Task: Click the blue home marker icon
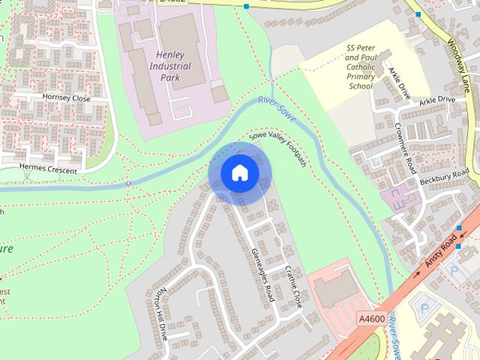[239, 173]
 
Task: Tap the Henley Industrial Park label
[170, 66]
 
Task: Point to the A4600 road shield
[371, 319]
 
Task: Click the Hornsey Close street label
[67, 98]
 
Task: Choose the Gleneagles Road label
[263, 274]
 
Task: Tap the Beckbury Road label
[445, 179]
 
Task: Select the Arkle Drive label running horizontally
[437, 100]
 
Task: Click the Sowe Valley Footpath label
[277, 146]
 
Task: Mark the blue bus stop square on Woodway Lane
[418, 13]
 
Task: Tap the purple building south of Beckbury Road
[400, 199]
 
